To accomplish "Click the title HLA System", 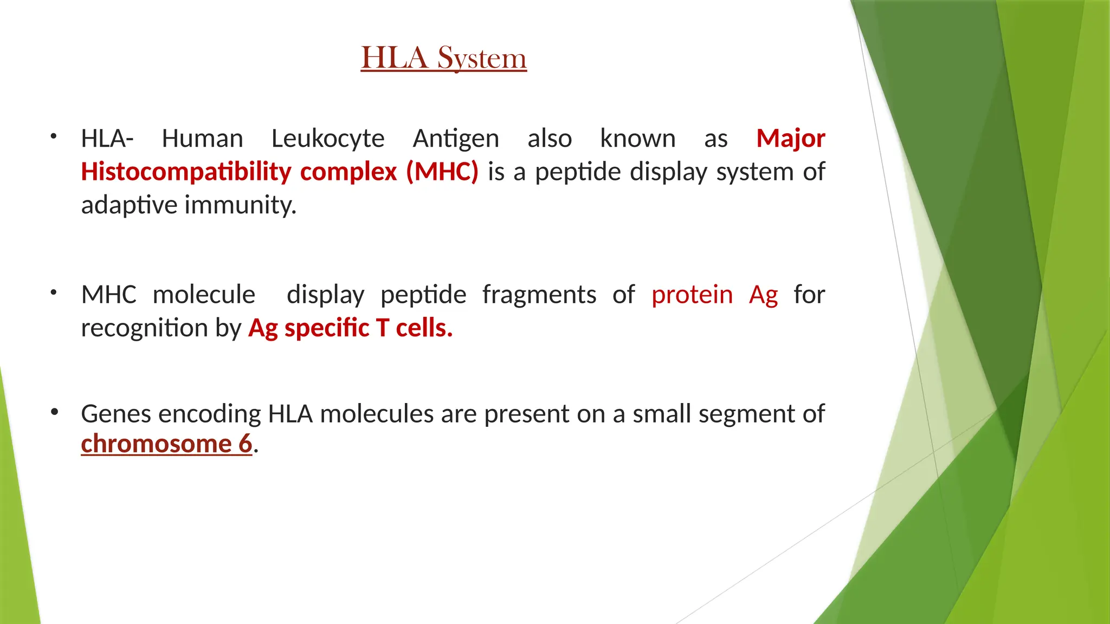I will (443, 58).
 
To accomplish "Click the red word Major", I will (790, 139).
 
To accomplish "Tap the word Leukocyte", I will (327, 139).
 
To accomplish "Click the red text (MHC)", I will (442, 172).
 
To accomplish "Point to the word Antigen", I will (455, 139).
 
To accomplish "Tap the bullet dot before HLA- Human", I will (53, 136).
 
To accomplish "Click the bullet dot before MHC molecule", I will (53, 293).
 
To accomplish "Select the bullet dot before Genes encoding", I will (54, 412).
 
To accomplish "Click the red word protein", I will (692, 295).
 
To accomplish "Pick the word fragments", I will (539, 295).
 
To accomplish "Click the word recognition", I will (144, 328).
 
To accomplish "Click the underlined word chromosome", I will (156, 444).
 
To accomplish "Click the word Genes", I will (117, 414).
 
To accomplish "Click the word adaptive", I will (129, 205).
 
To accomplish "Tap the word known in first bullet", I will (637, 139).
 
